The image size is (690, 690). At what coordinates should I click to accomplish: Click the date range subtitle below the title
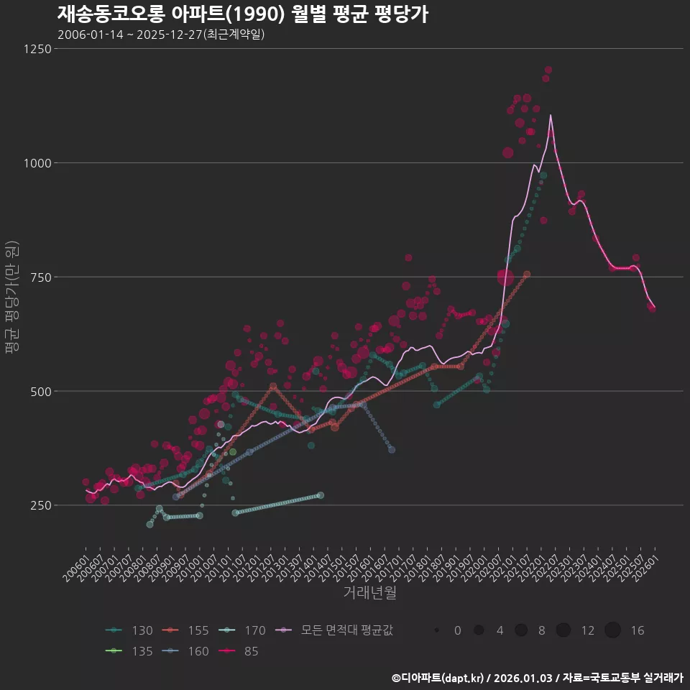pos(161,34)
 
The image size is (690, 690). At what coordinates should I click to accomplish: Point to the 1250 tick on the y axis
pos(37,49)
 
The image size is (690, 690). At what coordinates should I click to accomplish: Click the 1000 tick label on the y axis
pos(37,163)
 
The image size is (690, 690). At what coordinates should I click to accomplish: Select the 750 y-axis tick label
pos(40,277)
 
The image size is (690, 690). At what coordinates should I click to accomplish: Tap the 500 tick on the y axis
pos(40,392)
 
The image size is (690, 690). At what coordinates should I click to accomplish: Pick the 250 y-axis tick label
pos(40,505)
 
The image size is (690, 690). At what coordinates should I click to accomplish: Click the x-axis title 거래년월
pos(369,592)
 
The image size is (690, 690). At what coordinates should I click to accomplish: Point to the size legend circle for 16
pos(612,630)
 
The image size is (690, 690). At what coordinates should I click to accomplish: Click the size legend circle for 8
pos(521,630)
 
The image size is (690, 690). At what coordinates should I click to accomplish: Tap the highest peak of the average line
pos(551,115)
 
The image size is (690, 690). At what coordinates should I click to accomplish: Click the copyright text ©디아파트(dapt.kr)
pos(438,678)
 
